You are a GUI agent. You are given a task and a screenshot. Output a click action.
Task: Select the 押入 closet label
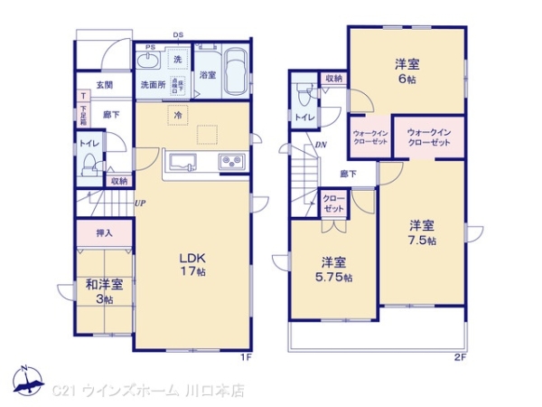(104, 232)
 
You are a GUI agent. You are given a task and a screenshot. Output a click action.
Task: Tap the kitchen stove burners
(230, 164)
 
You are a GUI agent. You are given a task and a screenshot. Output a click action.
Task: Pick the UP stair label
(140, 203)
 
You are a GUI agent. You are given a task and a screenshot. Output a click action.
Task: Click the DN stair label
(321, 147)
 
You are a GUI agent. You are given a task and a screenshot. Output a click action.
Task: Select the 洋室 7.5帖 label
(421, 232)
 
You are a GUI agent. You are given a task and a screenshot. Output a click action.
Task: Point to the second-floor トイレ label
(306, 117)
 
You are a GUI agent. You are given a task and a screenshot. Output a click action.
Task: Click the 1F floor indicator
(244, 357)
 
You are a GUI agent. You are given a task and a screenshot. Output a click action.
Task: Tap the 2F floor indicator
(460, 357)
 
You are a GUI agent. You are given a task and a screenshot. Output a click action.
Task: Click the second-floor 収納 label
(332, 79)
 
